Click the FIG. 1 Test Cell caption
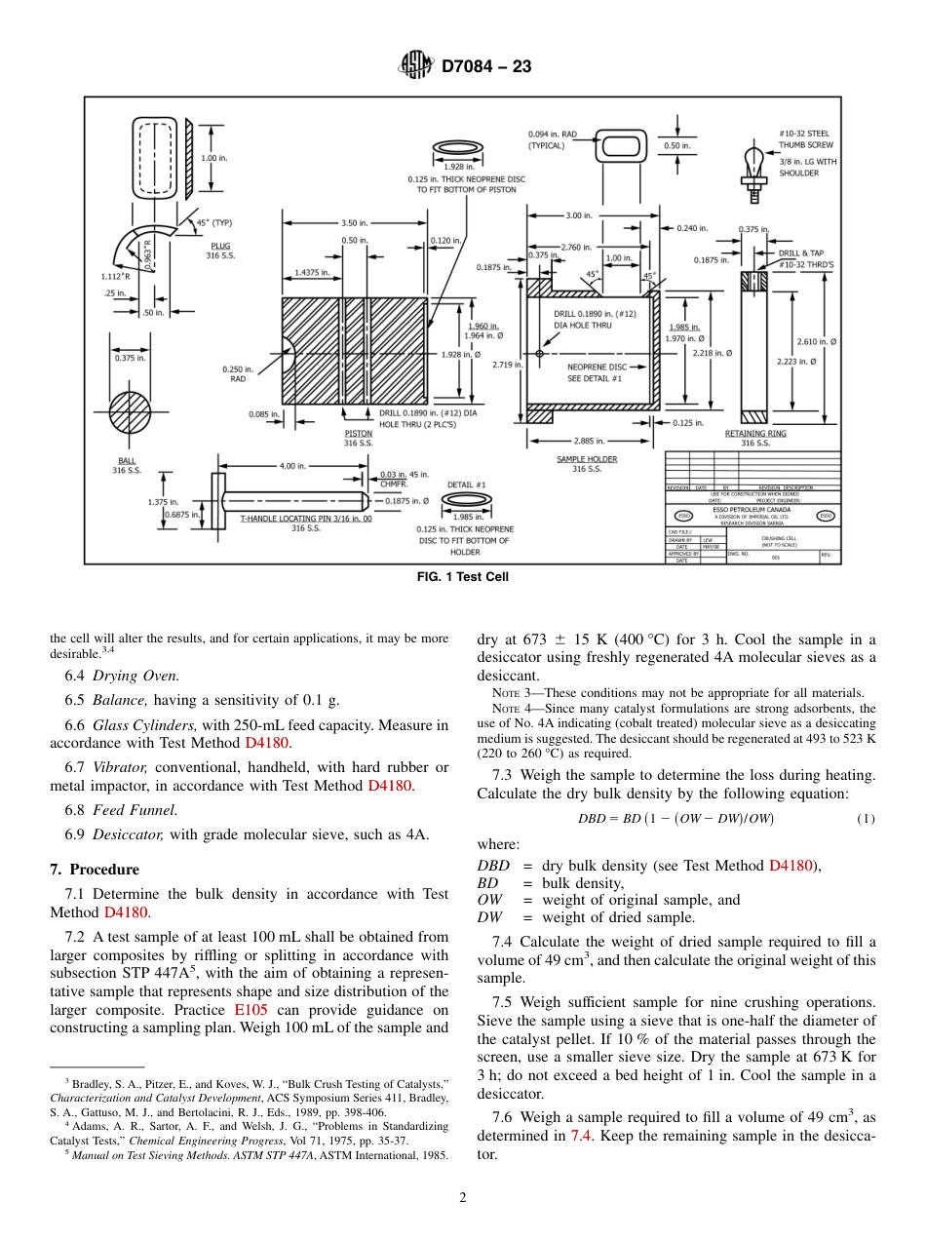(x=462, y=577)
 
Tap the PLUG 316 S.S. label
(x=220, y=252)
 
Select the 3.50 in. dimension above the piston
(x=355, y=223)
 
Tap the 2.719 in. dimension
(x=506, y=364)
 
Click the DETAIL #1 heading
(x=466, y=484)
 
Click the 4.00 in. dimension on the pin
(x=292, y=466)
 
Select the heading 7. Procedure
(x=95, y=870)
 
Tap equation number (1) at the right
(x=866, y=819)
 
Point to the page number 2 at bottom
(x=463, y=1198)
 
